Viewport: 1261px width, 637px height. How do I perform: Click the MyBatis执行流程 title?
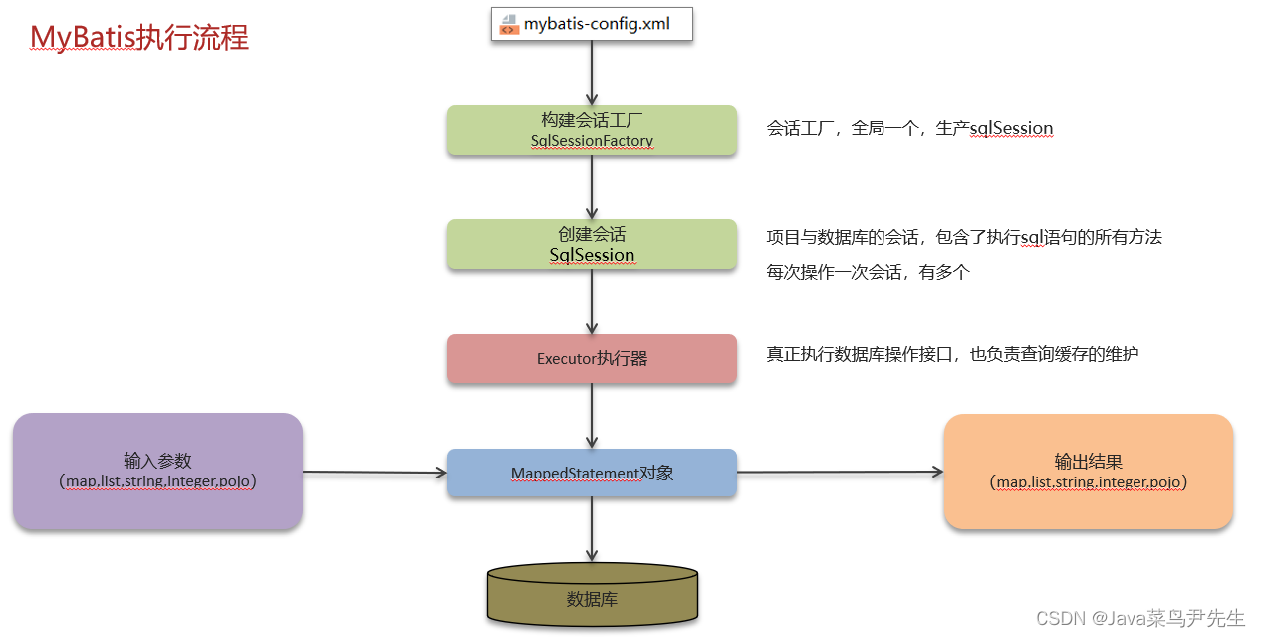click(x=139, y=37)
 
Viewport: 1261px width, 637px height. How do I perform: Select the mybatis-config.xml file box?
click(x=592, y=24)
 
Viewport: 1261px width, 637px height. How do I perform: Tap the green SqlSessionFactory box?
click(x=592, y=130)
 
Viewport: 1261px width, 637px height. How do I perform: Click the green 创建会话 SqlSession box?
click(x=592, y=244)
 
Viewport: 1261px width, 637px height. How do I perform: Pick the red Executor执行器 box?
click(x=592, y=358)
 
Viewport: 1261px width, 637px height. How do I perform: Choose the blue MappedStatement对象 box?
click(x=592, y=473)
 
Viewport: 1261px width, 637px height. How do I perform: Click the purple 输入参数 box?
click(x=157, y=471)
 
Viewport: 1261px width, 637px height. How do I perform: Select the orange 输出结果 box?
click(x=1088, y=472)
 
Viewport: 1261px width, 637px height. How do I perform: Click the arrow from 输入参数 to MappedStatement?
click(x=375, y=473)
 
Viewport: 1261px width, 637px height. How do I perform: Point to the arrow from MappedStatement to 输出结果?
click(x=840, y=473)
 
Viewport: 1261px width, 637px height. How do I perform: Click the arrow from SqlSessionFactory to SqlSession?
click(x=592, y=187)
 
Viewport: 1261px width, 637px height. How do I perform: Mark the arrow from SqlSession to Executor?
click(x=592, y=302)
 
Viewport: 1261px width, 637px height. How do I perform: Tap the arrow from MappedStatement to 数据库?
click(x=592, y=529)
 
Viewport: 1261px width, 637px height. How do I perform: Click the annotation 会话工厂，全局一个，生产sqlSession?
click(x=909, y=129)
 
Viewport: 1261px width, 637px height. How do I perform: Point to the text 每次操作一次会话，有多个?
click(x=868, y=272)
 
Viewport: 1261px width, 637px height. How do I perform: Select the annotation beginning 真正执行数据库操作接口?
click(x=951, y=354)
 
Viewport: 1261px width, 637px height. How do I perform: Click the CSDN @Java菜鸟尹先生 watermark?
click(x=1140, y=618)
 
